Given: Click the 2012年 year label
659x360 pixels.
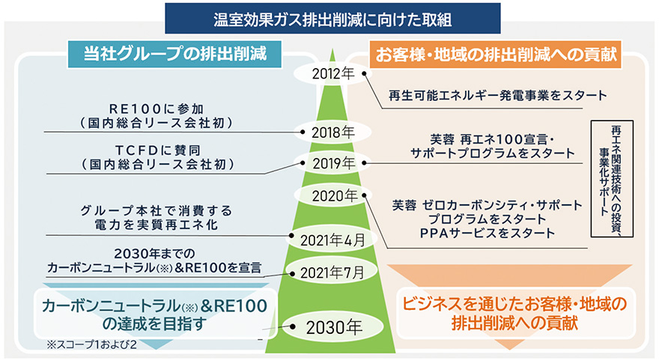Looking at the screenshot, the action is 332,74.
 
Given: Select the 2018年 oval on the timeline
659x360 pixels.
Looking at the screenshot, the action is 332,132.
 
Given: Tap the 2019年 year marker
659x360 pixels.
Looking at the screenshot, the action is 334,163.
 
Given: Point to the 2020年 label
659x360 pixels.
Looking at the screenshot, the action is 335,196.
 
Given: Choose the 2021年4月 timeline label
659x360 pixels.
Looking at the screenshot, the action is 332,240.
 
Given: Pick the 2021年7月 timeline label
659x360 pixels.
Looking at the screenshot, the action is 332,273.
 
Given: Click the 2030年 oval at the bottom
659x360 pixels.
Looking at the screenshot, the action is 332,327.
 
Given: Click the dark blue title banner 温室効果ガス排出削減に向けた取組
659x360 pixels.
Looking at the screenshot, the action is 332,19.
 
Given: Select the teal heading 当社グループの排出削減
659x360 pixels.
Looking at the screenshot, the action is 174,54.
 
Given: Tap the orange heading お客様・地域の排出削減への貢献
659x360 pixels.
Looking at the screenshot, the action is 496,54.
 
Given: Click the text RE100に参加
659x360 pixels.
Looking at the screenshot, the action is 157,109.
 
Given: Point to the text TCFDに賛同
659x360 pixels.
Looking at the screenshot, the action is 158,150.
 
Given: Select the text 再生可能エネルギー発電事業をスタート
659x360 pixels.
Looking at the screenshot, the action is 497,95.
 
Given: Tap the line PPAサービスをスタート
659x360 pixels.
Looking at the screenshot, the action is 488,233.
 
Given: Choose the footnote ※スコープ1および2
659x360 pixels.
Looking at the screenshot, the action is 91,344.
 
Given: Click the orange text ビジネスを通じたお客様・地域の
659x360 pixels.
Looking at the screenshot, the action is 514,304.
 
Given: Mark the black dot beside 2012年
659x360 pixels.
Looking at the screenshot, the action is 365,73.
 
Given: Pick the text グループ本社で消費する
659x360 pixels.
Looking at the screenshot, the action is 157,210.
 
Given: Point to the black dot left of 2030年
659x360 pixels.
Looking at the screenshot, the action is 293,326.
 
